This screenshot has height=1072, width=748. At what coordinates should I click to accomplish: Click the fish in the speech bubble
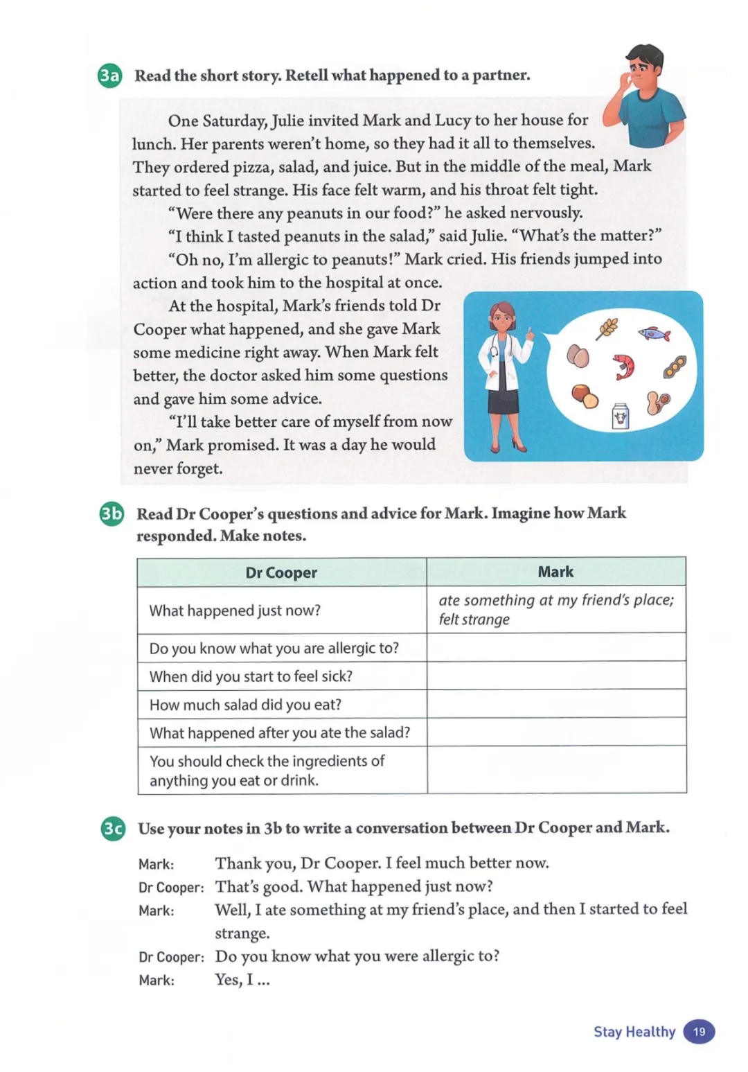[654, 334]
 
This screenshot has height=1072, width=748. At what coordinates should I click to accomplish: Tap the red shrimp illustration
[624, 365]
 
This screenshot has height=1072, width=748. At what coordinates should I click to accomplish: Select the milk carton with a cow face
[621, 417]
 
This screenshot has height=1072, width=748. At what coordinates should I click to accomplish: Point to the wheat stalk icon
[607, 327]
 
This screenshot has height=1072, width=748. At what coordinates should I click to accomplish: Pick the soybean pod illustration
[675, 367]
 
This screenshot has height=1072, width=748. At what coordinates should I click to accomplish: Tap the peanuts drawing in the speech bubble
[657, 402]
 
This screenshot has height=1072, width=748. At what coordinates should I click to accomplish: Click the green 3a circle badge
[110, 76]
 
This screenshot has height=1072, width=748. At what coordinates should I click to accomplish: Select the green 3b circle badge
[112, 513]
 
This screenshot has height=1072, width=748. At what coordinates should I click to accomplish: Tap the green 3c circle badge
[113, 828]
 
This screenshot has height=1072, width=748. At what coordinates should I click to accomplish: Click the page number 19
[699, 1032]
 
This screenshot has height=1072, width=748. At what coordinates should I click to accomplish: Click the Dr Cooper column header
[281, 572]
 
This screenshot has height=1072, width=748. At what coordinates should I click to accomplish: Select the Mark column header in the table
[555, 572]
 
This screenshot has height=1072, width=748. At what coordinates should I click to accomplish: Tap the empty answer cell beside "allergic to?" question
[555, 648]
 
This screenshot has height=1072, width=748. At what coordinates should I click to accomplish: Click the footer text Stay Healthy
[634, 1032]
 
